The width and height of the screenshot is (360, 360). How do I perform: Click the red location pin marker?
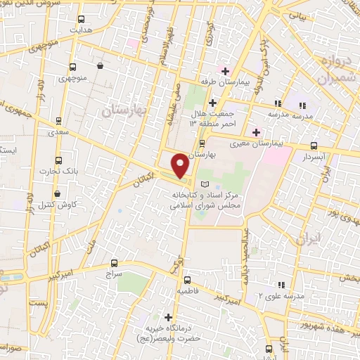pos(181,165)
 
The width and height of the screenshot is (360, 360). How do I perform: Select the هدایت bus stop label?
pos(81,31)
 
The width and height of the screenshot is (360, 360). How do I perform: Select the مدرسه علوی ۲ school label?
pos(281,297)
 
